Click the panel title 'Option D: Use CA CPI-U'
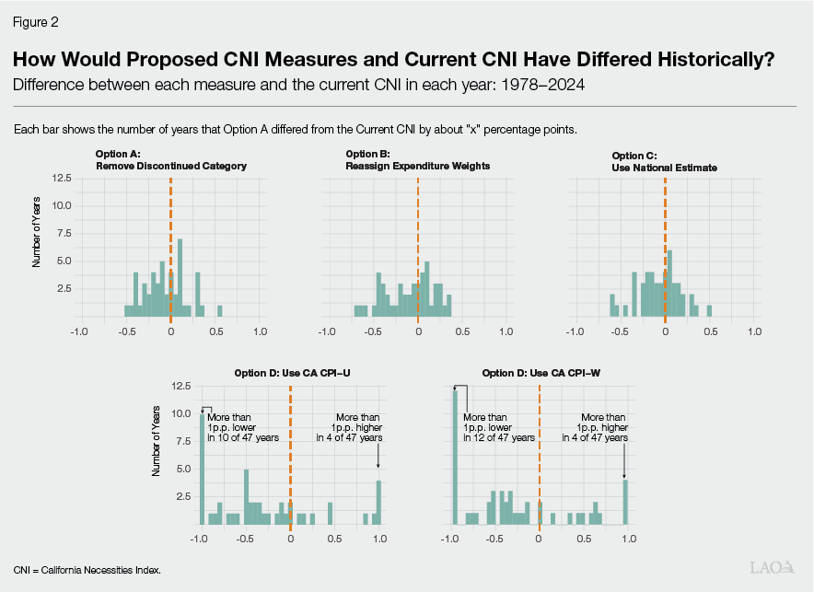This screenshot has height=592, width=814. pos(290,373)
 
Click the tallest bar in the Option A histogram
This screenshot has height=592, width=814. pos(180,277)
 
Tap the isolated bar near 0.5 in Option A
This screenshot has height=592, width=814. pos(219,310)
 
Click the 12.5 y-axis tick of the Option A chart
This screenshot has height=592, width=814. pos(61,178)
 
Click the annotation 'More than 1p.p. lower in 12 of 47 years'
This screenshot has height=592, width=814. pos(498,427)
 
